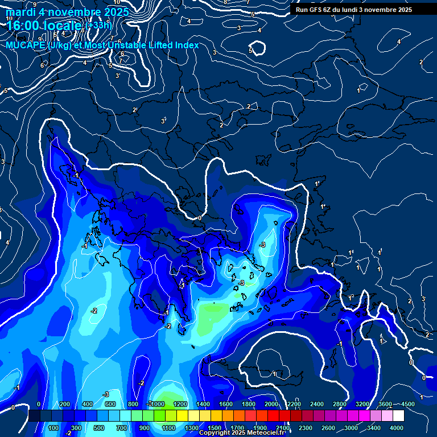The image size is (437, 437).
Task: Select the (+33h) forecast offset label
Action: pos(98,25)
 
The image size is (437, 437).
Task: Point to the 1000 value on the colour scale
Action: pos(156,404)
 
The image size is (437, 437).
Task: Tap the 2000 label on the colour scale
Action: pos(272,404)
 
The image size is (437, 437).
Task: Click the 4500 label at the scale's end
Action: pos(407,404)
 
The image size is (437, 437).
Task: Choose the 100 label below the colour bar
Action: pos(54,428)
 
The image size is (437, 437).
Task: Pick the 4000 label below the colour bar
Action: pos(397,428)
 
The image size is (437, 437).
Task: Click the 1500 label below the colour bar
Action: pos(215,428)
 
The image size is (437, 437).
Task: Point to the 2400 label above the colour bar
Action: pos(318,404)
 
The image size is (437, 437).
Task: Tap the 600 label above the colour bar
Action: pos(110,404)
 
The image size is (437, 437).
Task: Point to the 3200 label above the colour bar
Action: pos(363,404)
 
